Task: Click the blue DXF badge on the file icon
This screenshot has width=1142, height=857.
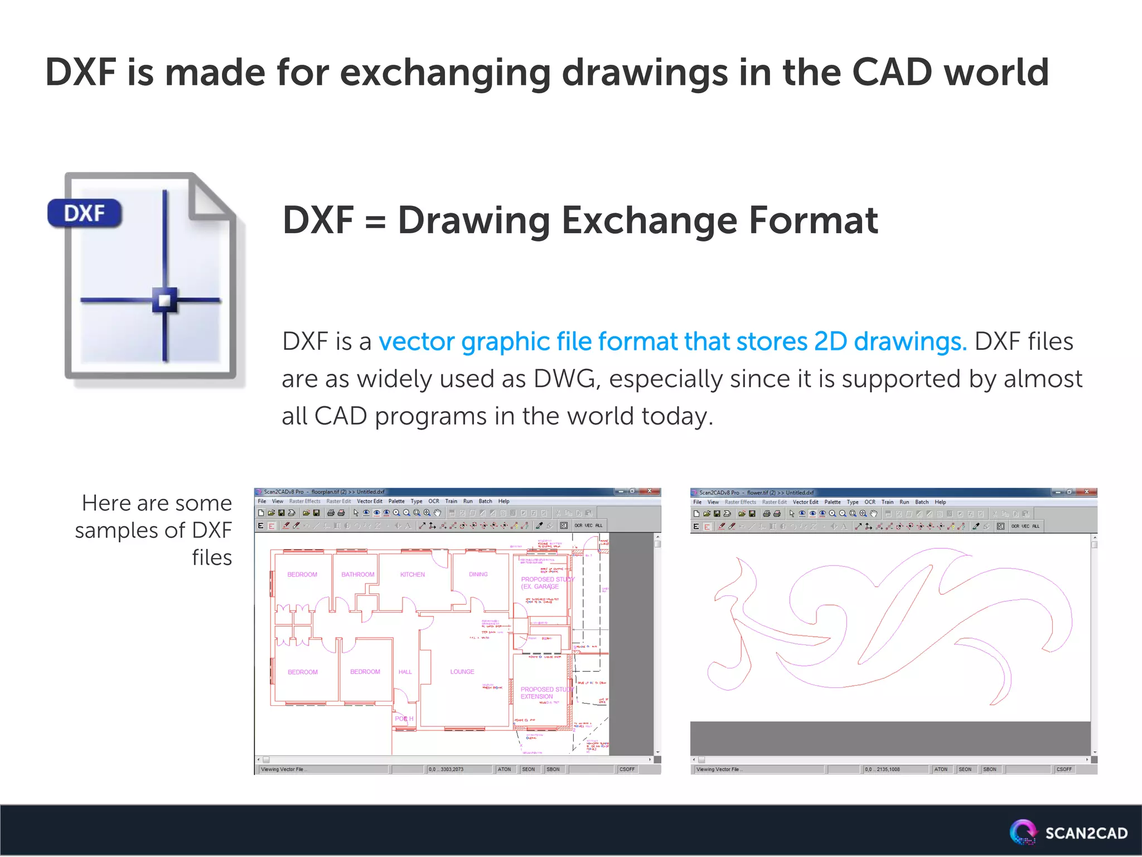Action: point(84,213)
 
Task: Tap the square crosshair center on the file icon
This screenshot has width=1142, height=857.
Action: point(164,301)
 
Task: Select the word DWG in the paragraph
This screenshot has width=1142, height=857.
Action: point(565,379)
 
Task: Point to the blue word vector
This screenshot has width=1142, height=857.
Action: point(416,341)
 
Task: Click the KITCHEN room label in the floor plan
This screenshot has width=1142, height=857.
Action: point(412,574)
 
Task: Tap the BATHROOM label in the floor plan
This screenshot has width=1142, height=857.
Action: point(357,574)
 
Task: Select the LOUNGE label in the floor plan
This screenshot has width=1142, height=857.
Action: point(462,672)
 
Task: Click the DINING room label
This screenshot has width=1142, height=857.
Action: point(478,574)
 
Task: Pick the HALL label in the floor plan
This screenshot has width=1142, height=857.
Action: point(405,672)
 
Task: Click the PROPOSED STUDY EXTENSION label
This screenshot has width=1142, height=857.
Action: point(544,693)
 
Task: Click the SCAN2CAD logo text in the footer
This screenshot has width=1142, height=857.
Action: point(1086,834)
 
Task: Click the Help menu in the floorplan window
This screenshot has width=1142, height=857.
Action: point(504,501)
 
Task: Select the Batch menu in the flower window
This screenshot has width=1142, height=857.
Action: point(921,502)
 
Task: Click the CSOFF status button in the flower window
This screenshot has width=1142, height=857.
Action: point(1063,769)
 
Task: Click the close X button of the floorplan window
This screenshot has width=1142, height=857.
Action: point(649,492)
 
